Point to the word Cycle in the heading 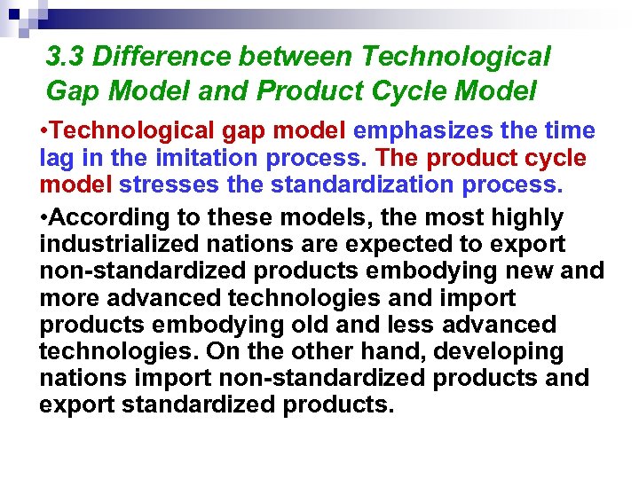point(440,90)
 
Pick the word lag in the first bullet point(58,159)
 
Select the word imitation point(214,159)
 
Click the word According point(105,217)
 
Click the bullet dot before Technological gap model point(43,131)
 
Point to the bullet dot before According point(43,217)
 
